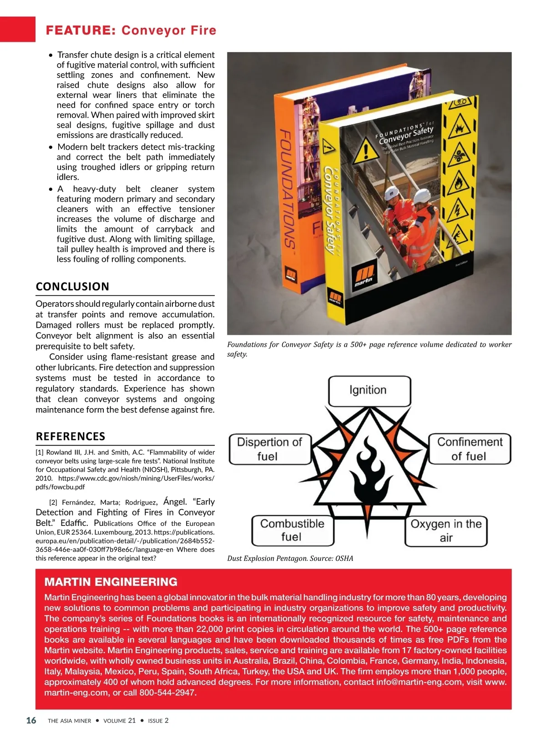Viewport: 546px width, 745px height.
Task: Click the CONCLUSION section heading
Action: click(x=72, y=286)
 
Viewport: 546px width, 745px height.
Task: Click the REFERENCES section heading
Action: click(x=71, y=436)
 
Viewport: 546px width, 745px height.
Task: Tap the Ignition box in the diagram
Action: click(x=369, y=390)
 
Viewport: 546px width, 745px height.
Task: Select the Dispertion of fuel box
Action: click(x=269, y=449)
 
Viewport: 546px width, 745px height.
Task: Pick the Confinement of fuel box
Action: click(x=470, y=449)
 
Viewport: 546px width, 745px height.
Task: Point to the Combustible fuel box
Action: click(x=292, y=530)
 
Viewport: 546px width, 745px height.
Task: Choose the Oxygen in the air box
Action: click(x=446, y=530)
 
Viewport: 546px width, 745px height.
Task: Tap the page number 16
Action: click(x=31, y=720)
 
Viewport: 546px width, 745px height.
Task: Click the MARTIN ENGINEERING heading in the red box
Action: click(x=111, y=582)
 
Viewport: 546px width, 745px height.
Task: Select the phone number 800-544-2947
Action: click(x=167, y=693)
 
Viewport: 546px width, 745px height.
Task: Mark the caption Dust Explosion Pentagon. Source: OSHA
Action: click(x=290, y=558)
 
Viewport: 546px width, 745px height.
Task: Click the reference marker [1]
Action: click(x=40, y=452)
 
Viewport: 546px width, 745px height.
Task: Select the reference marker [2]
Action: click(x=53, y=502)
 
